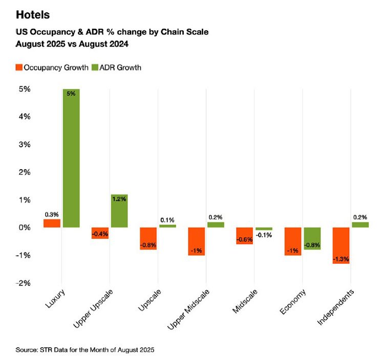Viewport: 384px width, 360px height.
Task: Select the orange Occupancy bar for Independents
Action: pyautogui.click(x=342, y=245)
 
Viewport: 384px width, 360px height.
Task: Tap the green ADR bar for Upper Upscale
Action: pyautogui.click(x=119, y=211)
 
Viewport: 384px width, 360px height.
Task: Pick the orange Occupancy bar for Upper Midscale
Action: pyautogui.click(x=197, y=241)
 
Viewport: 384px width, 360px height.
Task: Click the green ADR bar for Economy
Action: pyautogui.click(x=312, y=238)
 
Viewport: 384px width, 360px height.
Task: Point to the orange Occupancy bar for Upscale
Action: pyautogui.click(x=148, y=238)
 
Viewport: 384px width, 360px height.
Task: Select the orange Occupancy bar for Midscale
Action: pyautogui.click(x=245, y=235)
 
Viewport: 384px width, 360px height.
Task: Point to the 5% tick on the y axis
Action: pyautogui.click(x=24, y=89)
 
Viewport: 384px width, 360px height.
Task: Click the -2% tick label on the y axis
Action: pyautogui.click(x=23, y=283)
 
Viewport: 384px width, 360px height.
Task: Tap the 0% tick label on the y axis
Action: pyautogui.click(x=24, y=228)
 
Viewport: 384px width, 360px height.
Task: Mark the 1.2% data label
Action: pyautogui.click(x=119, y=199)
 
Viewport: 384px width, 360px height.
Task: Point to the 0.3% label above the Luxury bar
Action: pyautogui.click(x=51, y=214)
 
